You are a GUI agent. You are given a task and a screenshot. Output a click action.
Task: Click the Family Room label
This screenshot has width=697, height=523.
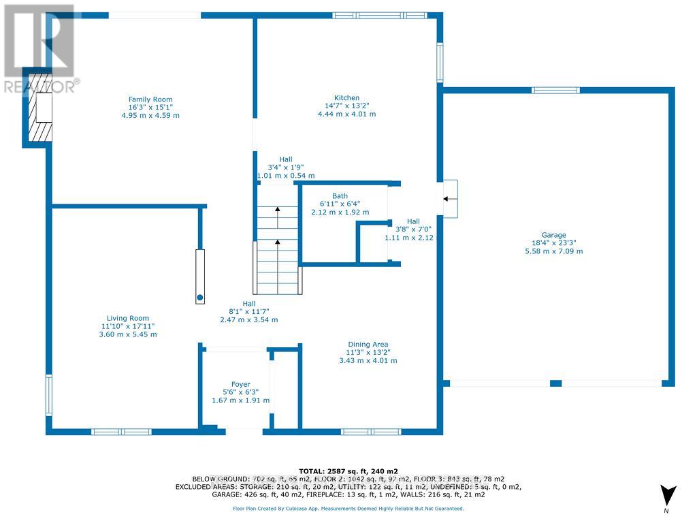coord(150,99)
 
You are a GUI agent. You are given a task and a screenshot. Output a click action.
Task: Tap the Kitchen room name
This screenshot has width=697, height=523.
coord(346,98)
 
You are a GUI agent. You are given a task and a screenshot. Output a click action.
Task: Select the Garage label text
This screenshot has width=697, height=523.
coord(553,235)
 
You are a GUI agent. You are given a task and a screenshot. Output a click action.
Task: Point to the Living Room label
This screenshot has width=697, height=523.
coord(127,319)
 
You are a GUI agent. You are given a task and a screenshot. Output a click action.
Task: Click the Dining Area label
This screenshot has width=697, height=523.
coord(368,344)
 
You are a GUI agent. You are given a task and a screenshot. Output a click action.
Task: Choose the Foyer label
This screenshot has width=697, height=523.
coord(240,384)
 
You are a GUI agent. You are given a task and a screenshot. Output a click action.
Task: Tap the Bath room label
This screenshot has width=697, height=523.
coord(340,196)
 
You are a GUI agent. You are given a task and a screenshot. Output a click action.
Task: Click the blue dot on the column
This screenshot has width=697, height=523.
coord(200,298)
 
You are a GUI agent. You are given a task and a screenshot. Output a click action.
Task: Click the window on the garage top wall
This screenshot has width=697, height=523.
coord(555,91)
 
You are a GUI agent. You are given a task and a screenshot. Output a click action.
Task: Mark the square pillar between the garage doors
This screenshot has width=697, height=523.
coord(555,383)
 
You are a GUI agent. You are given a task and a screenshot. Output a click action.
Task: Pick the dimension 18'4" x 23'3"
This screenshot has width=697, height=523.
coord(553,243)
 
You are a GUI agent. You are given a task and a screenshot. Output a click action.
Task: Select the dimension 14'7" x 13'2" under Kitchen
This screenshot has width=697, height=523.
coord(346,106)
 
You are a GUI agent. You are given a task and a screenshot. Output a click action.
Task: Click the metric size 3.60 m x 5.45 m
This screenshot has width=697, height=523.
coord(128,334)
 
